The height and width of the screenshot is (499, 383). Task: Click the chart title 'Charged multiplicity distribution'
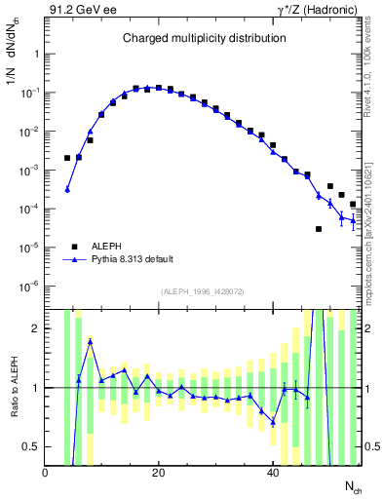pos(204,38)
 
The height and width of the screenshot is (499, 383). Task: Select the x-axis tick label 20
pos(159,473)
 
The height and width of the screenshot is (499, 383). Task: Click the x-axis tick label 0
pos(45,473)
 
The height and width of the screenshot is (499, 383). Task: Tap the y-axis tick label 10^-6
pos(29,287)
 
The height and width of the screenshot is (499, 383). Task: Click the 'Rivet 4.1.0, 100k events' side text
pos(374,74)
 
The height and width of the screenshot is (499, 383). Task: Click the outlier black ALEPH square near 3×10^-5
pos(319,229)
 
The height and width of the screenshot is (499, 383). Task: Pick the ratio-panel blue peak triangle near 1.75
pos(91,341)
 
